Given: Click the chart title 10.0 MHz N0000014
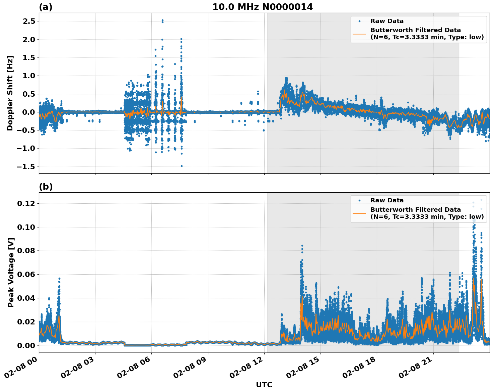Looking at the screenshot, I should tap(263, 7).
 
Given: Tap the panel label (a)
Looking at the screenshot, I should tap(46, 7).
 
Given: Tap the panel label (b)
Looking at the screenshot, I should tap(46, 187).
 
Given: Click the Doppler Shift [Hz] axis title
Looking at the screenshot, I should tap(10, 93).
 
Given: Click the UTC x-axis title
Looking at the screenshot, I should tap(264, 385).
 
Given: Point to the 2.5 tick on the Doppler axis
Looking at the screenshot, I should tap(28, 21).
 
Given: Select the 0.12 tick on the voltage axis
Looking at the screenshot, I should tap(26, 204).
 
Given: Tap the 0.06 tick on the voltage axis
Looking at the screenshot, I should tap(26, 275).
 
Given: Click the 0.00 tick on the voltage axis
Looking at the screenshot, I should tap(26, 346).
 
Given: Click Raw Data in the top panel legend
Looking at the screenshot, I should tap(387, 21).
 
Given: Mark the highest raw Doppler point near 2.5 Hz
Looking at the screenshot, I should tap(162, 20).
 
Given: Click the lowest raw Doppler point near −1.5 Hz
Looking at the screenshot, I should tap(182, 166).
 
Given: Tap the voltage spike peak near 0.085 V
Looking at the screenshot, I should tap(302, 246).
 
